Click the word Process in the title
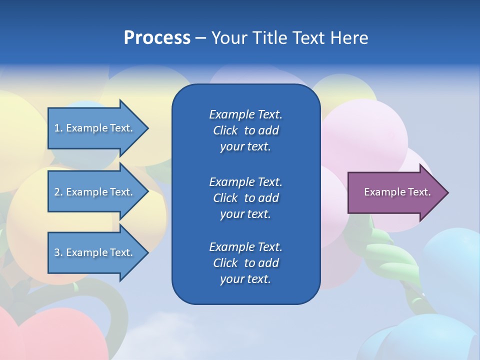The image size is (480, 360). [x=157, y=38]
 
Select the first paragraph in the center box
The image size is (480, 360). [x=245, y=130]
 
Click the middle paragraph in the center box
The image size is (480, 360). [x=245, y=197]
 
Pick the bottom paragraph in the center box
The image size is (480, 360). [x=245, y=262]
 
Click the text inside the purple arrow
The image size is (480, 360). [x=397, y=192]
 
